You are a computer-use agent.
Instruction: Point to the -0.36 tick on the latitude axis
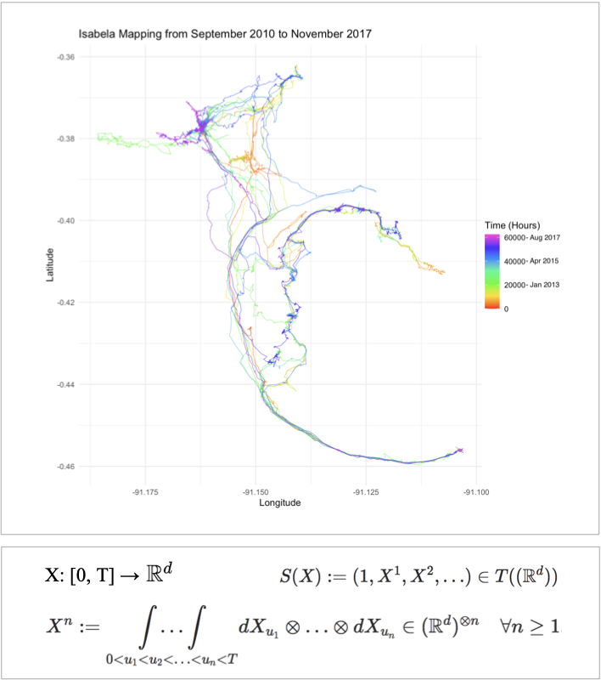click(x=67, y=57)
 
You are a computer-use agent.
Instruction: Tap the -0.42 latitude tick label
click(x=67, y=303)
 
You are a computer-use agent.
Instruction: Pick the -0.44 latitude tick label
click(x=67, y=385)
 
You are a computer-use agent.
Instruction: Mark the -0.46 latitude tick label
click(x=67, y=467)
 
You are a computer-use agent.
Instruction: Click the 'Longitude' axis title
click(x=280, y=502)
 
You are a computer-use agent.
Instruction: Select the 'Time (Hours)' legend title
click(x=513, y=224)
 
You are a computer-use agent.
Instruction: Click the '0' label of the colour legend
click(x=507, y=309)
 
